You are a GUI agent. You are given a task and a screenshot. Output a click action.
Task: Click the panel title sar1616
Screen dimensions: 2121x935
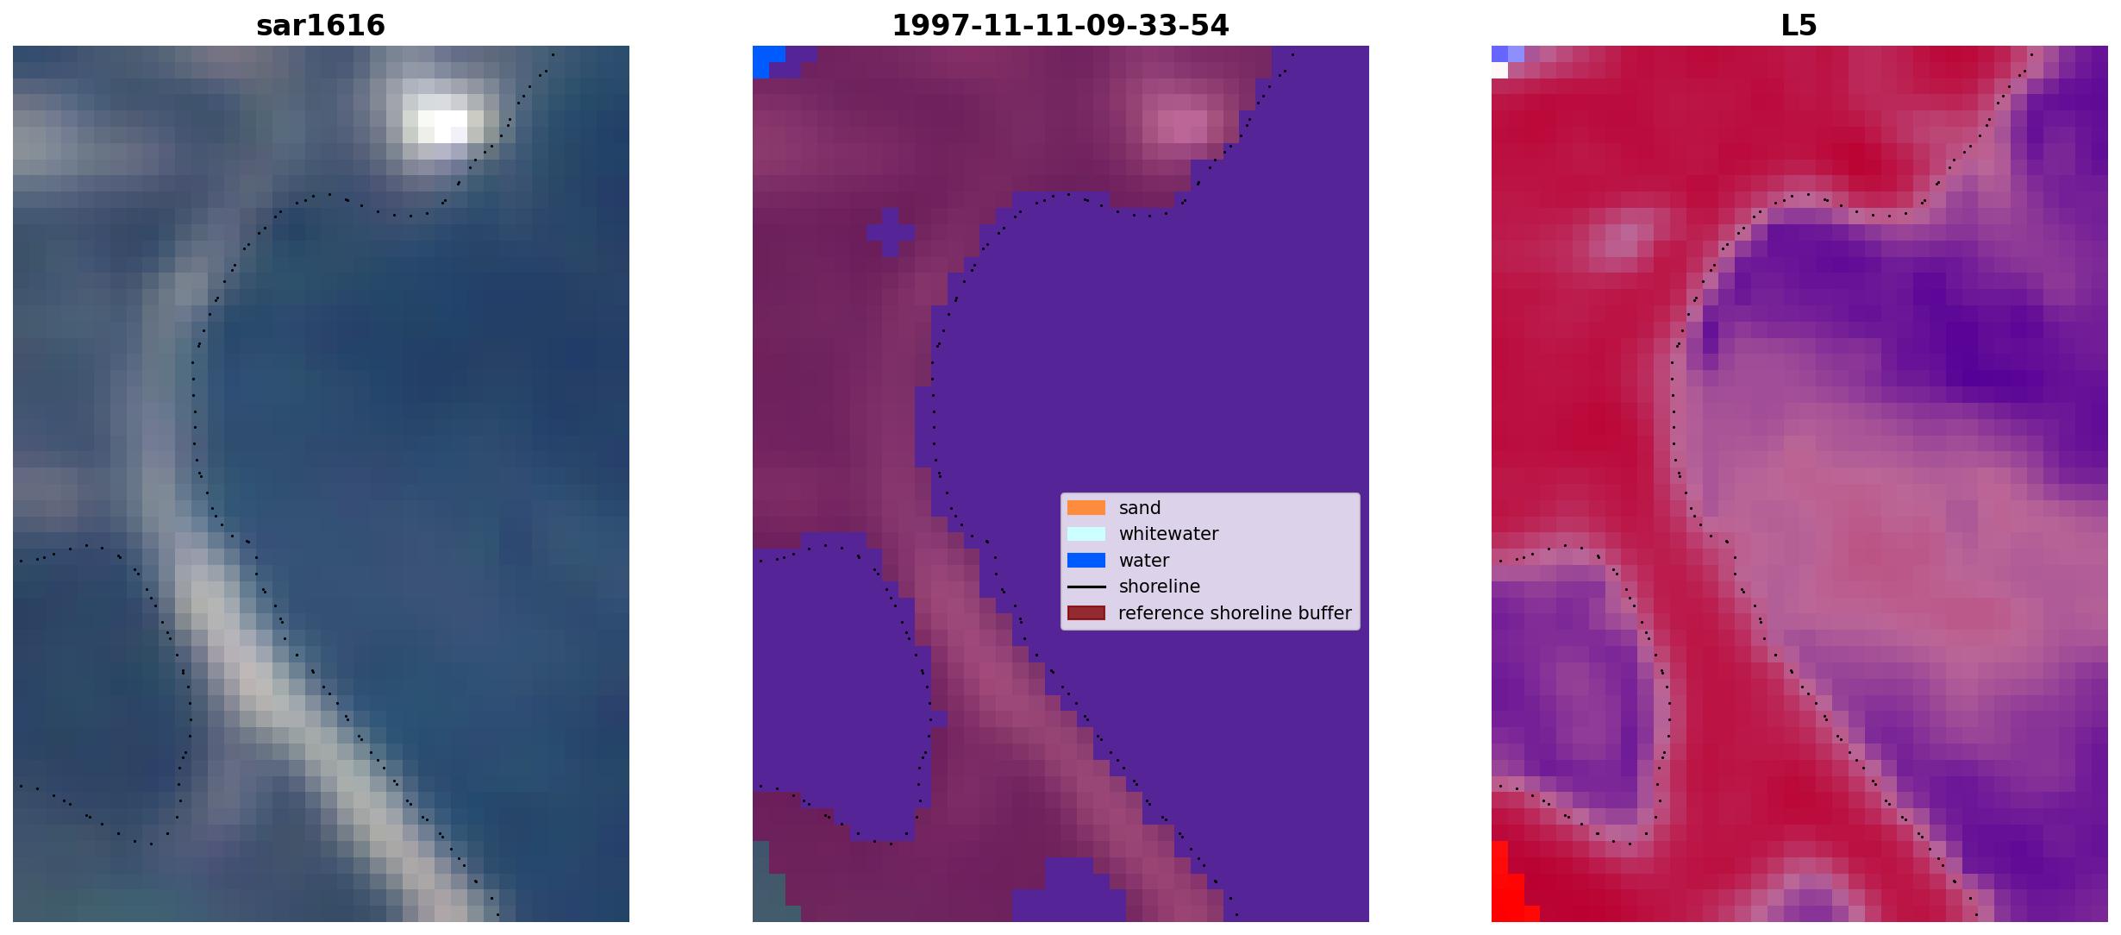321,25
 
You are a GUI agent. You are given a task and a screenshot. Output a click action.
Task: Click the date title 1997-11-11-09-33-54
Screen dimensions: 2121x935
1060,25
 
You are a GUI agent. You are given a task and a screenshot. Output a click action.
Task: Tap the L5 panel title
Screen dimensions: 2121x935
1799,25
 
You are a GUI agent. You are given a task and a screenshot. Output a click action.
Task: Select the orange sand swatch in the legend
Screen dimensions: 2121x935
1086,508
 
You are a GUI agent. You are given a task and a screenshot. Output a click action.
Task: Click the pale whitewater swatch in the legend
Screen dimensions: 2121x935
1086,534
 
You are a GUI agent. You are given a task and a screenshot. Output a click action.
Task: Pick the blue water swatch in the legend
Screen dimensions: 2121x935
1086,561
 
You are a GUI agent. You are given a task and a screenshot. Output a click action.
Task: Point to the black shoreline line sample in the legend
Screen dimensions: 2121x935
1086,587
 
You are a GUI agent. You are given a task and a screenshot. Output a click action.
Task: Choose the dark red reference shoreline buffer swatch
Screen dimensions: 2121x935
1086,613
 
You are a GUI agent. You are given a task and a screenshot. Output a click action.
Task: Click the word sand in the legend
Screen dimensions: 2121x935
1140,508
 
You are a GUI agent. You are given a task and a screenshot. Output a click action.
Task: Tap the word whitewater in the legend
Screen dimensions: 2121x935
1168,534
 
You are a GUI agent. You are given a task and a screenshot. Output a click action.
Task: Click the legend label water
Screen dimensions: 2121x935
1144,561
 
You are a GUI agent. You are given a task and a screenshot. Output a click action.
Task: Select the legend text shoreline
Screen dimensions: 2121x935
1160,587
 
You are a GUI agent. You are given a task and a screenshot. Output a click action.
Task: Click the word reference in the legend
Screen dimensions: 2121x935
1161,613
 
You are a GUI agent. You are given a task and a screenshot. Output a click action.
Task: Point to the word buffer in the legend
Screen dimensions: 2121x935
1323,613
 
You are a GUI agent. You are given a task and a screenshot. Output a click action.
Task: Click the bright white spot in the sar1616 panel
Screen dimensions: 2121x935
443,126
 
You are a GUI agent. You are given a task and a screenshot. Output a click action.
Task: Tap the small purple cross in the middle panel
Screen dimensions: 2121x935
891,232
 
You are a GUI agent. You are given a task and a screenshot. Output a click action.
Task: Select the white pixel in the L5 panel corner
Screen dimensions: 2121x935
1499,71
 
